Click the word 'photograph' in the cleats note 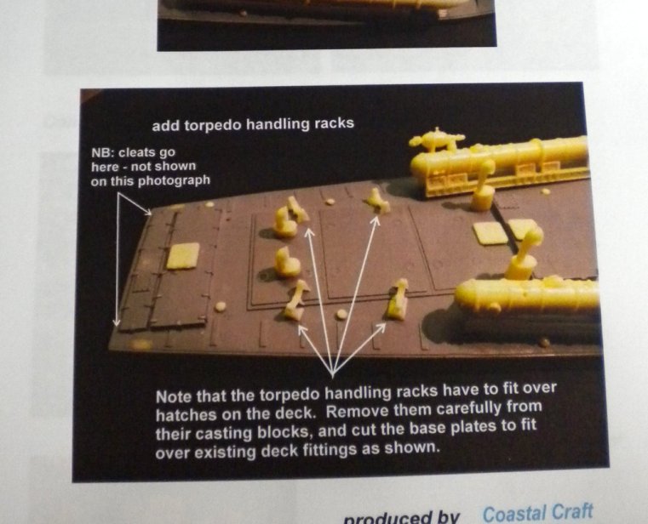(x=174, y=181)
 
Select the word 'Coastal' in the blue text (x=513, y=514)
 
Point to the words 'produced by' (x=402, y=518)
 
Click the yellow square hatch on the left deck (x=183, y=256)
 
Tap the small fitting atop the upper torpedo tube (x=436, y=140)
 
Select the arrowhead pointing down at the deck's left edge (x=117, y=321)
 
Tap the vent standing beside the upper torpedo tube (x=484, y=185)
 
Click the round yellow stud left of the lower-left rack (x=221, y=306)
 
